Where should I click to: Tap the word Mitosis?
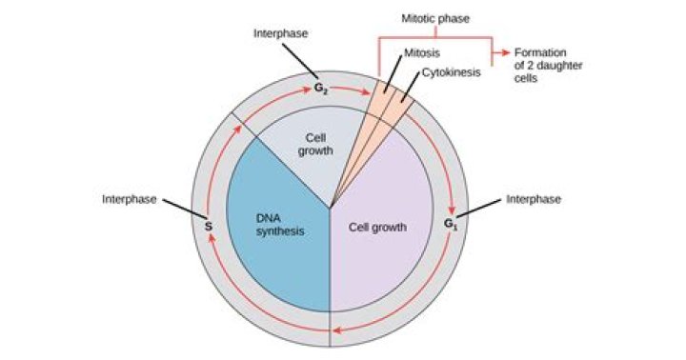pos(423,54)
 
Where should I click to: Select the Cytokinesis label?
pos(451,70)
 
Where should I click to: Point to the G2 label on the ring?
pos(322,88)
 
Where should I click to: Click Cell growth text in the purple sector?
pos(378,228)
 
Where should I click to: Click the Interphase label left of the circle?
pos(130,199)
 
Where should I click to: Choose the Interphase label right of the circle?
pos(534,199)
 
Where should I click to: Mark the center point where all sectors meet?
pos(330,208)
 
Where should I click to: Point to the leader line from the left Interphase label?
pos(180,209)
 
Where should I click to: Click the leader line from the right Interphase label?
pos(482,209)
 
